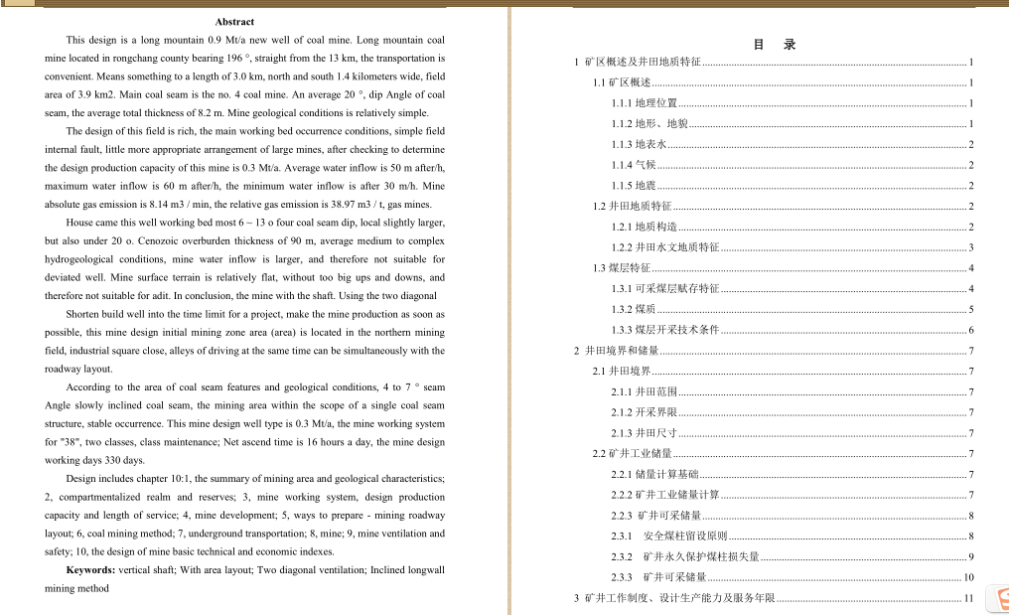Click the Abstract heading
[234, 21]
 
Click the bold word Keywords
[90, 570]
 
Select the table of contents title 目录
[775, 45]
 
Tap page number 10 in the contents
[968, 578]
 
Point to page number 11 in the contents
[968, 598]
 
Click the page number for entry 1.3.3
[971, 330]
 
